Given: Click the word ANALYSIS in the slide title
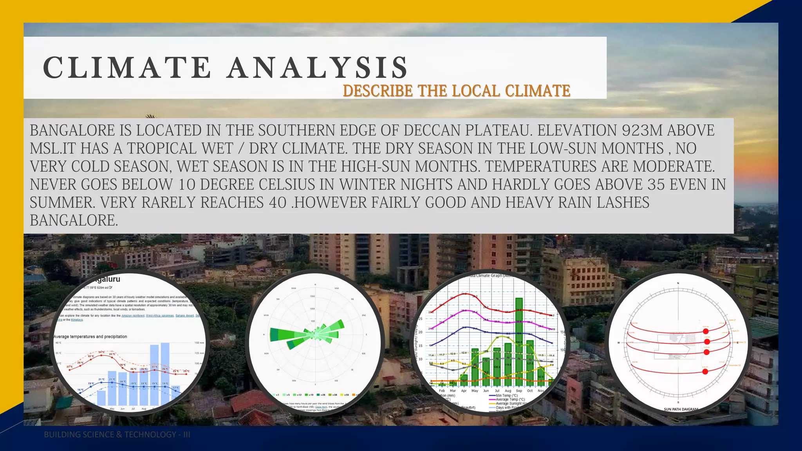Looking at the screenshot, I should click(318, 67).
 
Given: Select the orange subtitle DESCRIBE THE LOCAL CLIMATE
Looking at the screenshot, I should click(456, 91).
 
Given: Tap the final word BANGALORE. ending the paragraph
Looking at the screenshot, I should click(74, 220).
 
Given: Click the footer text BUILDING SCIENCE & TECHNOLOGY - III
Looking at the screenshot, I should click(117, 435).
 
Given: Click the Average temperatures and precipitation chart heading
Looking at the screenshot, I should click(90, 336).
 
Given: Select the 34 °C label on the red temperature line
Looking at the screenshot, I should click(101, 352).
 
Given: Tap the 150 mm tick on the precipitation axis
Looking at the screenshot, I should click(199, 343).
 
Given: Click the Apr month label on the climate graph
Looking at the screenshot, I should click(464, 391).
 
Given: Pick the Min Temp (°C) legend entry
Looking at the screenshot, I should click(506, 395).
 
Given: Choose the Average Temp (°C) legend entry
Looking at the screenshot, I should click(510, 399).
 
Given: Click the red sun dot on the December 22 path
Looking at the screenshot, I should click(705, 372).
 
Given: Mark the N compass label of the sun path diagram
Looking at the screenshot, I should click(678, 283).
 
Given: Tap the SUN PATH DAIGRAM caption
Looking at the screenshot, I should click(681, 409).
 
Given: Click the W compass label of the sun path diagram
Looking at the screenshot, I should click(619, 343).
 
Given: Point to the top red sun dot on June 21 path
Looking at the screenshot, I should click(706, 331).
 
